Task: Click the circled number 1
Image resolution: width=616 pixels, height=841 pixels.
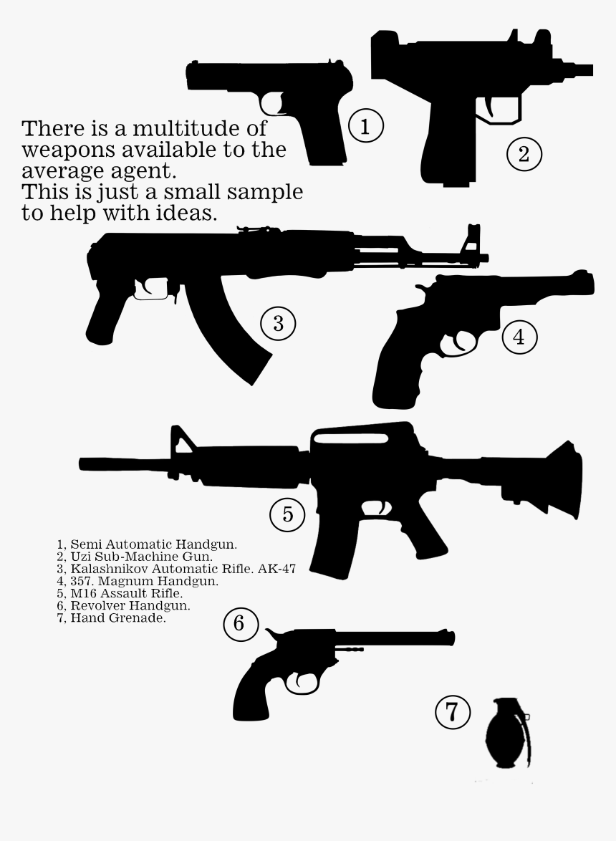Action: click(x=365, y=127)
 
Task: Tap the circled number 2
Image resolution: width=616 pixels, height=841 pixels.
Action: click(x=524, y=154)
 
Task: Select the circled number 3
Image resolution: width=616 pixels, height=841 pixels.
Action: click(x=278, y=324)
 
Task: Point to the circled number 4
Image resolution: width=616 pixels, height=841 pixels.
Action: click(x=519, y=337)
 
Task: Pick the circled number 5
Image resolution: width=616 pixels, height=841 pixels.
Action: click(x=287, y=514)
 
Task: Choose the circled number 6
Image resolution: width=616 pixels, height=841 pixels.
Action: click(x=239, y=623)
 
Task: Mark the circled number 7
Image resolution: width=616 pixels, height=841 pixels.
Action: click(x=453, y=712)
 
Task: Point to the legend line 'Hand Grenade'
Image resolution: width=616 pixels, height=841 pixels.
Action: click(x=117, y=617)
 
